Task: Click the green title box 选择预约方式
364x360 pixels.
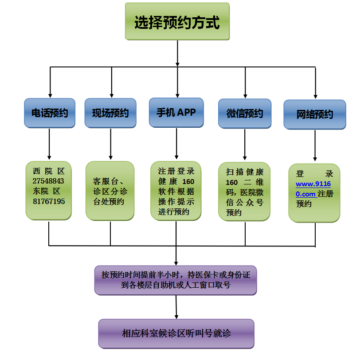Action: (x=177, y=22)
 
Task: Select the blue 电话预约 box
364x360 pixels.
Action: (x=50, y=113)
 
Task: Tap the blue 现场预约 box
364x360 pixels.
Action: (x=110, y=113)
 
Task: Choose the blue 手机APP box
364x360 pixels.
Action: (x=176, y=112)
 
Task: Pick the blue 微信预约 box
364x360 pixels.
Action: (x=245, y=113)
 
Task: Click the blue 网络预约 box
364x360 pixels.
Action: (x=315, y=114)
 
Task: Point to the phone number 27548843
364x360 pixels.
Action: (x=48, y=181)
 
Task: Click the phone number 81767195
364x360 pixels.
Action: (x=48, y=201)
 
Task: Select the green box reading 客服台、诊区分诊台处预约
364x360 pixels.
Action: (x=110, y=191)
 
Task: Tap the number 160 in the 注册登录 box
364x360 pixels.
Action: (x=188, y=181)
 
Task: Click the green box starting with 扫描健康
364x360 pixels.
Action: (x=244, y=192)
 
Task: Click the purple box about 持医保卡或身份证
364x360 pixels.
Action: (x=176, y=280)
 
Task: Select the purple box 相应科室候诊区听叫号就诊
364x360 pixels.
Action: (x=176, y=333)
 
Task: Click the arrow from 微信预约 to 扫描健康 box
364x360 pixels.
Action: (x=245, y=145)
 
